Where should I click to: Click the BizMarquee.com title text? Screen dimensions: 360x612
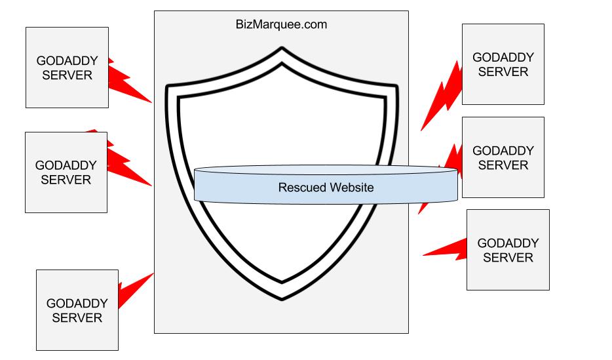tap(281, 25)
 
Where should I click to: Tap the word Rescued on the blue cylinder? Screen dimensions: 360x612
tap(301, 188)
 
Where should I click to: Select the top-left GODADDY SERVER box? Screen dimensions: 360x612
tap(67, 68)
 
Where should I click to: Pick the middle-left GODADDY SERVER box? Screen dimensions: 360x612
tap(66, 172)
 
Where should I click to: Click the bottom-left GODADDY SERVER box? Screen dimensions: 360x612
tap(77, 311)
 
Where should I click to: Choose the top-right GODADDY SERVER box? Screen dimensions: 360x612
tap(503, 64)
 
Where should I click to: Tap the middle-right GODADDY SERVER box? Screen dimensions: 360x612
tap(503, 157)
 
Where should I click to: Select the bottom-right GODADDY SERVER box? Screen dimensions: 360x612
tap(508, 250)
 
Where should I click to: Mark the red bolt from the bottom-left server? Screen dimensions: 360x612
tap(134, 285)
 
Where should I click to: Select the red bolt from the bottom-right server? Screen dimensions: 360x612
tap(446, 248)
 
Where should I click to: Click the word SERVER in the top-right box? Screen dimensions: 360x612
tap(503, 71)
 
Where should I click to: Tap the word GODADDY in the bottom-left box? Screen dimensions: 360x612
tap(77, 304)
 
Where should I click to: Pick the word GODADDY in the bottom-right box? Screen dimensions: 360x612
tap(508, 243)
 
